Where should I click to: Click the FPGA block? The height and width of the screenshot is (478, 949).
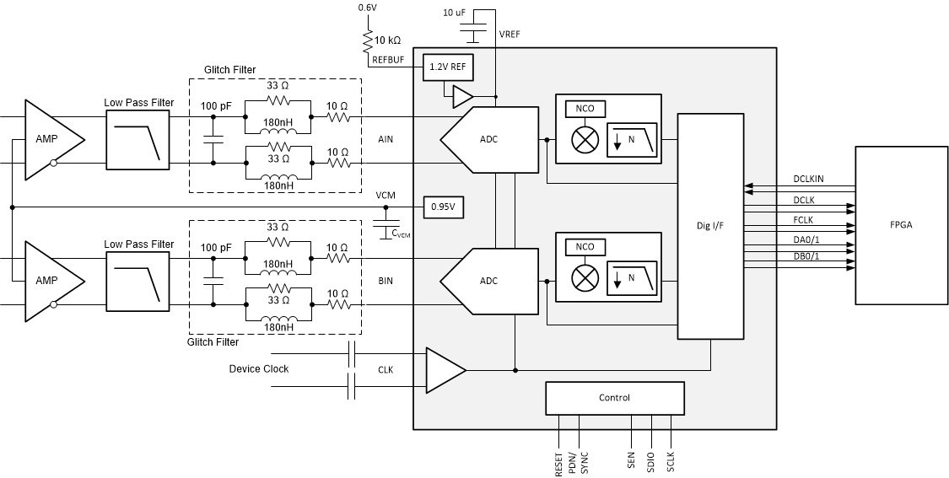900,225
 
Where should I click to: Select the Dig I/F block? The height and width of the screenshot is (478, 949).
710,226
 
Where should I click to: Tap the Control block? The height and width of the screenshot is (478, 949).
614,398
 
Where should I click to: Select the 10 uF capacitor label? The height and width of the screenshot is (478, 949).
456,13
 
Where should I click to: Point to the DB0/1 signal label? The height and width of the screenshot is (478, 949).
807,256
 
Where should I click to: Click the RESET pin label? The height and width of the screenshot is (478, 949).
559,463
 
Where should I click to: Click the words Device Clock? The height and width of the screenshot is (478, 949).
258,369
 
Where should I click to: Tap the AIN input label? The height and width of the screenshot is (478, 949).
386,139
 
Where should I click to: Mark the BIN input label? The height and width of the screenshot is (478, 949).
386,280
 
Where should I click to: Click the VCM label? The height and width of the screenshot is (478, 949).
386,196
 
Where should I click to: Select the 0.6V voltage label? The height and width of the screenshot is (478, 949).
367,8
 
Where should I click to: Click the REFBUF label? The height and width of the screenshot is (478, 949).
389,61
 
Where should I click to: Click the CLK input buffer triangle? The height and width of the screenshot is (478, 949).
444,368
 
